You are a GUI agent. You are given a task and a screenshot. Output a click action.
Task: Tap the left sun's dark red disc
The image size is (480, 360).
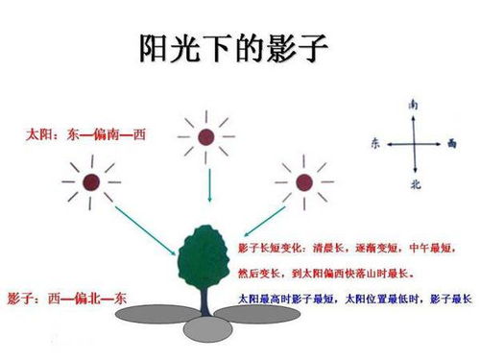[x=90, y=181]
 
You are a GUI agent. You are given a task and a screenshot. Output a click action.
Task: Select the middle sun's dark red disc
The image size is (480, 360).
[x=205, y=137]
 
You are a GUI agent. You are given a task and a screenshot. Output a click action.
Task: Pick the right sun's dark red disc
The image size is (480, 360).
[x=303, y=181]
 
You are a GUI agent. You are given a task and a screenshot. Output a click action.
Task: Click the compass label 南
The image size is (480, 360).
[x=413, y=103]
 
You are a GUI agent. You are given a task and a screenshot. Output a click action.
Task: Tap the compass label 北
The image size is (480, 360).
[x=414, y=181]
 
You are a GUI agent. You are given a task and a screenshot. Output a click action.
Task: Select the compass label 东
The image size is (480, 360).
[x=374, y=142]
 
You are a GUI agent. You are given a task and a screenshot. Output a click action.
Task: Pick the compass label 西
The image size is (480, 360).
[x=451, y=142]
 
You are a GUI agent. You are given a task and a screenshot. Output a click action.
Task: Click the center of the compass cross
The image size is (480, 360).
[x=413, y=142]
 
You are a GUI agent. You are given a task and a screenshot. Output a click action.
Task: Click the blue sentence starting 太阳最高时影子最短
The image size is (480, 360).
[x=349, y=299]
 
